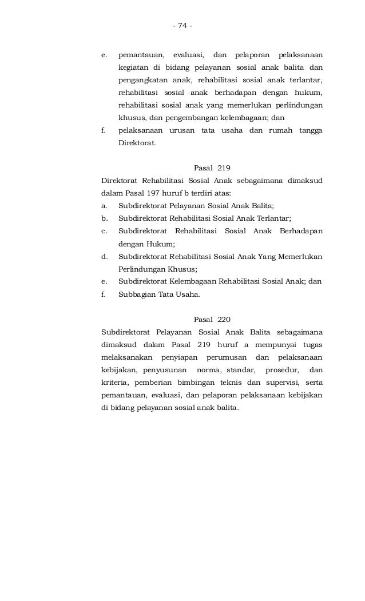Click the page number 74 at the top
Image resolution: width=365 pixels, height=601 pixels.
[x=182, y=25]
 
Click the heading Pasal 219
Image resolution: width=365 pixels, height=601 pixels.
[x=212, y=168]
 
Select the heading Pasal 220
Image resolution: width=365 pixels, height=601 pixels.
[x=212, y=319]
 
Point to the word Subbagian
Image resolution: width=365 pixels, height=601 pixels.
[x=135, y=294]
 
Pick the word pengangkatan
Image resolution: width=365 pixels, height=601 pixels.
[x=141, y=80]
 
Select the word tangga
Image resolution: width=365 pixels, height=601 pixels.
[x=310, y=130]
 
